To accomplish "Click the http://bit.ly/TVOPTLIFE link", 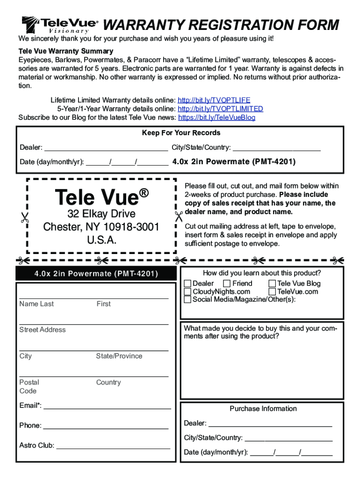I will (214, 100).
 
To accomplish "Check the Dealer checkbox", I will (187, 283).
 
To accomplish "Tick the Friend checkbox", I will (227, 283).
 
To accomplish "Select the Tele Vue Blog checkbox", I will (272, 283).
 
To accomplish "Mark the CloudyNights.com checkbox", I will (187, 291).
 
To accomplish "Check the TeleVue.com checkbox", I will (272, 291).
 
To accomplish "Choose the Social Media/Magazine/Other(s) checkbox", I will (187, 299).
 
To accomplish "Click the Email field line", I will (107, 406).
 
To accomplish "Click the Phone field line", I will (106, 426).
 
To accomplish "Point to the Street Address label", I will (43, 330).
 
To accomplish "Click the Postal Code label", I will (29, 386).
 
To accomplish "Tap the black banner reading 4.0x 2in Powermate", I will (96, 274).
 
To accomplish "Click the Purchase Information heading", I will (263, 409).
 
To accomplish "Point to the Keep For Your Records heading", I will (181, 133).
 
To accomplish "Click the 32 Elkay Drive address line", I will (101, 214).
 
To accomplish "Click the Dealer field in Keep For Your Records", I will (106, 148).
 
